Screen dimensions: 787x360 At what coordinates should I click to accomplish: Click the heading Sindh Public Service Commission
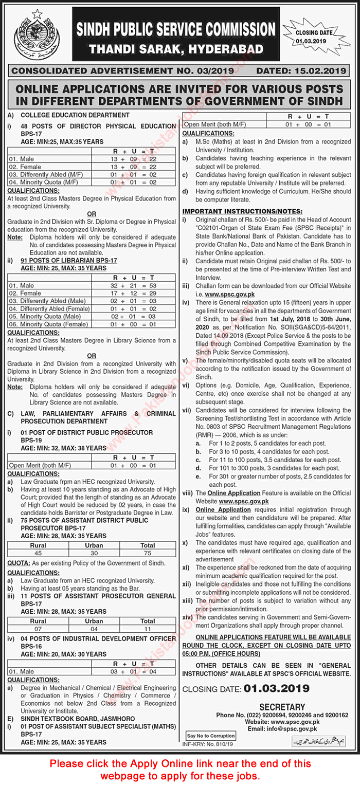176,29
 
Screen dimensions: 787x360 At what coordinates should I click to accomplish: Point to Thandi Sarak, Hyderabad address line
176,49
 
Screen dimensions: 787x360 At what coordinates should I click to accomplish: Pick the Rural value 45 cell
38,553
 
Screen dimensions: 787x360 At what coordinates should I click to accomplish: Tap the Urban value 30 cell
94,553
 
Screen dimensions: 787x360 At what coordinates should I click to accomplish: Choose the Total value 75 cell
148,553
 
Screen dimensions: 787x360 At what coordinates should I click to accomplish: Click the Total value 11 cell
148,628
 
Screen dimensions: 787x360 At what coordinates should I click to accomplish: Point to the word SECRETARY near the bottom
282,707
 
